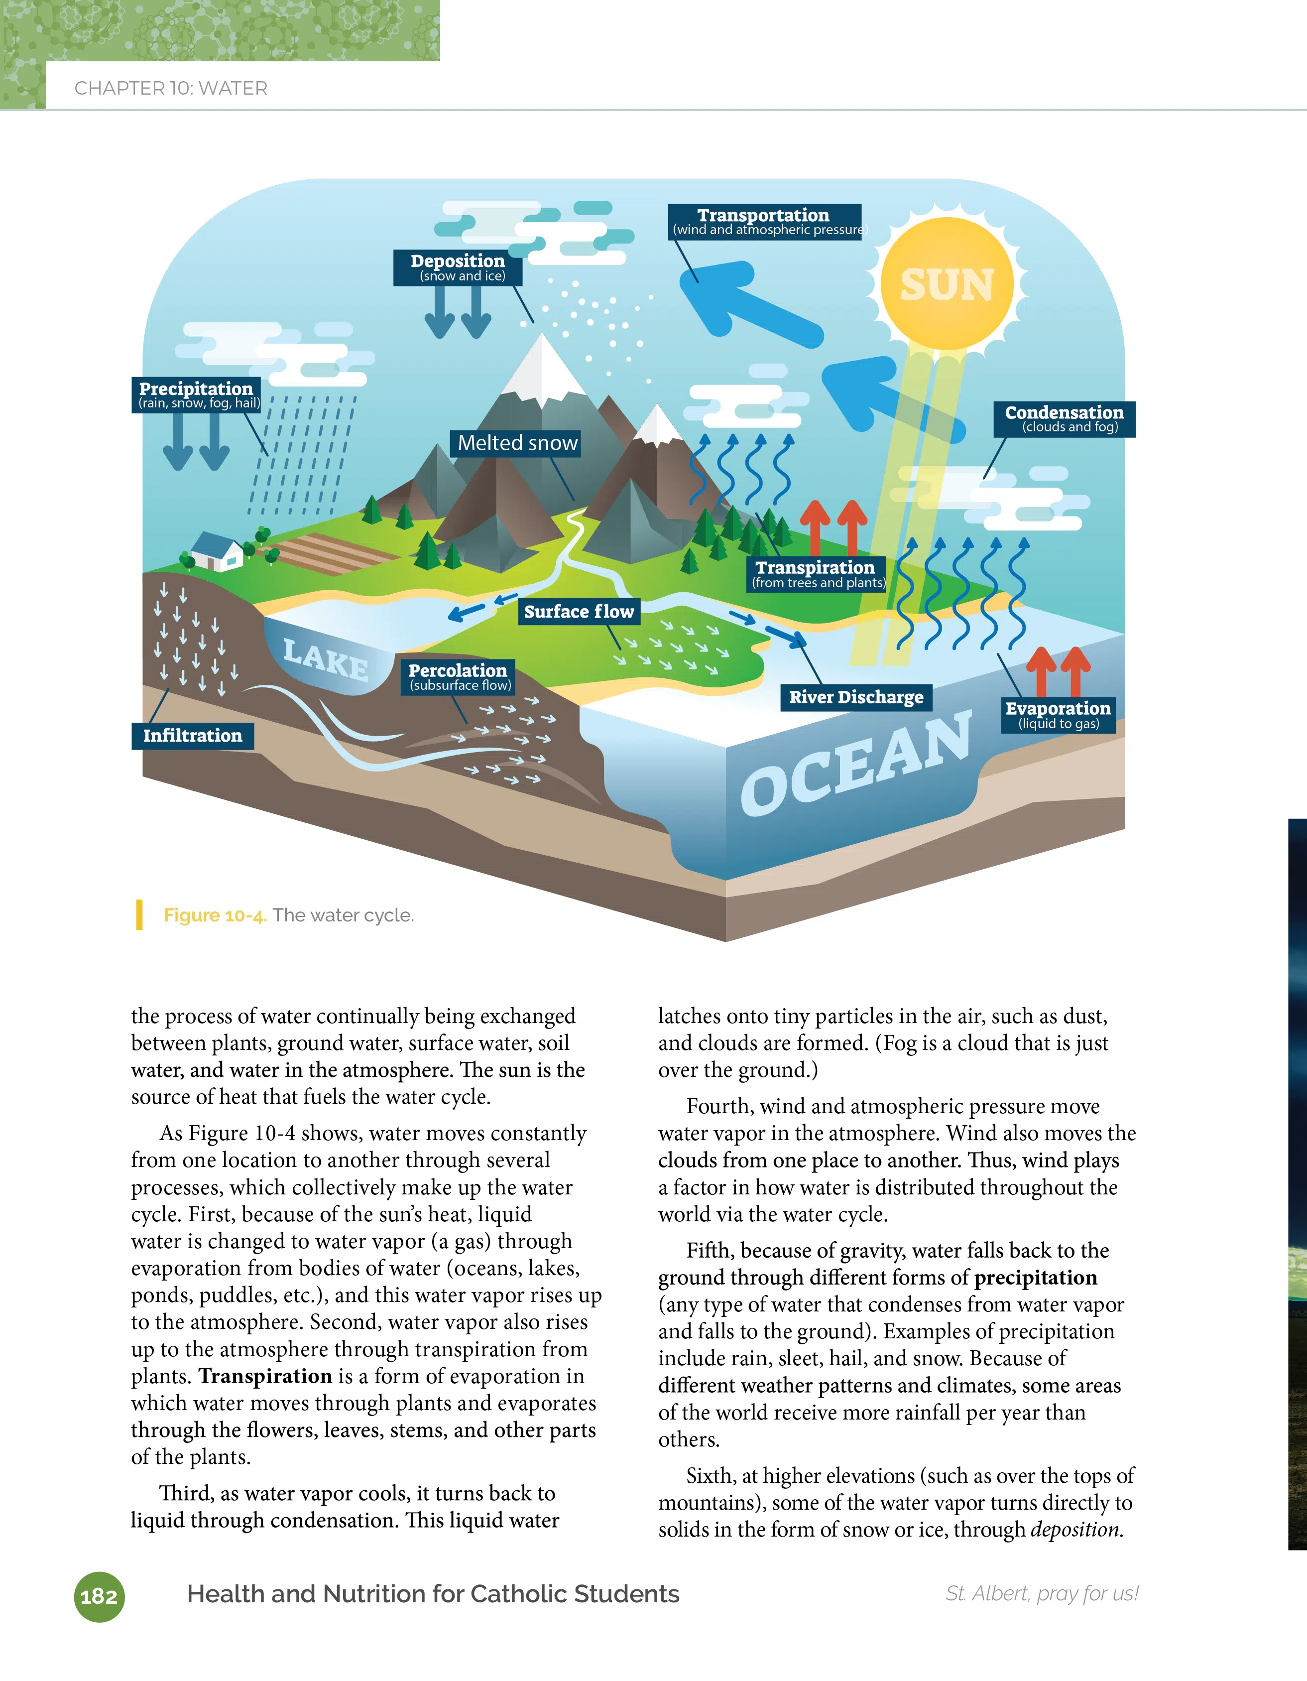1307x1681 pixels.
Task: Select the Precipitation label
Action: coord(197,394)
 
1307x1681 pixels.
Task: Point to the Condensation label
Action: coord(1064,419)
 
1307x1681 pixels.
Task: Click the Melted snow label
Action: coord(517,443)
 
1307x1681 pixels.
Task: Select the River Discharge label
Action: coord(856,697)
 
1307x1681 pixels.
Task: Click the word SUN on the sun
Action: coord(947,285)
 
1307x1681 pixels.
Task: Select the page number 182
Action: coord(99,1596)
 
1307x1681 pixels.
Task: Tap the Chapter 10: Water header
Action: coord(171,89)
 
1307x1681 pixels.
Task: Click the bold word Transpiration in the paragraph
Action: coord(265,1376)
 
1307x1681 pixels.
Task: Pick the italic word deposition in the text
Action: coord(1076,1530)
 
